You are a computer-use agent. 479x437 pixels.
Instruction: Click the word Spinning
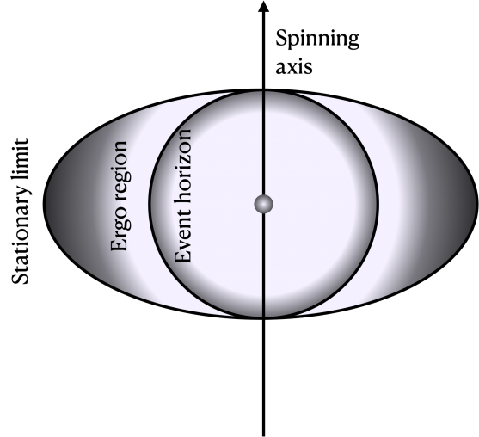tap(317, 40)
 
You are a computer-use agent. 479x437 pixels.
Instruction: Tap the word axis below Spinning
tap(293, 65)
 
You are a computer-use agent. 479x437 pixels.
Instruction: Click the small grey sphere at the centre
tap(263, 204)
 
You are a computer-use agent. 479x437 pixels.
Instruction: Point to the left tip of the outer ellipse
tap(44, 204)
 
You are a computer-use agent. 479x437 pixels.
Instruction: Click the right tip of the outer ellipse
tap(477, 204)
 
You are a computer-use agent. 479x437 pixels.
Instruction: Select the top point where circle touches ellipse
tap(263, 90)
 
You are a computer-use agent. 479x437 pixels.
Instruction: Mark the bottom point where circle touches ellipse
tap(263, 317)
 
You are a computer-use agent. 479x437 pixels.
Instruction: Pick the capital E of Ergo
tap(121, 247)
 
